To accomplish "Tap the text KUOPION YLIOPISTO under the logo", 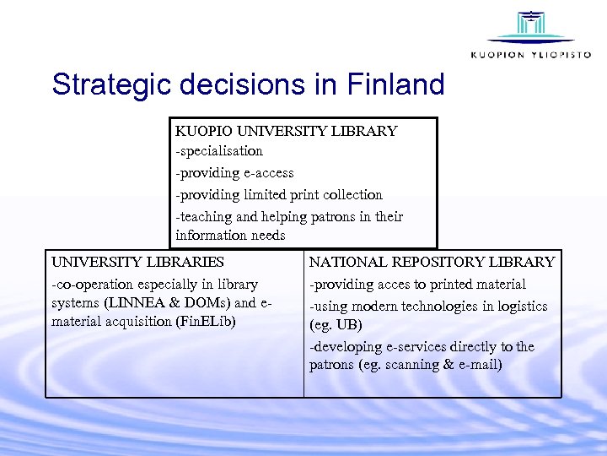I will click(x=530, y=55).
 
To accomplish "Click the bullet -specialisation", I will click(x=219, y=151).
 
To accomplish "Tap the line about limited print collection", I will click(x=279, y=194).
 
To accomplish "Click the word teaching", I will click(x=206, y=216).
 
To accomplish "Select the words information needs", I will click(x=230, y=236).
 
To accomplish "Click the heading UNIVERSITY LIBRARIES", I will click(x=138, y=263).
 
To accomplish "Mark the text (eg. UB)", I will click(x=331, y=325).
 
